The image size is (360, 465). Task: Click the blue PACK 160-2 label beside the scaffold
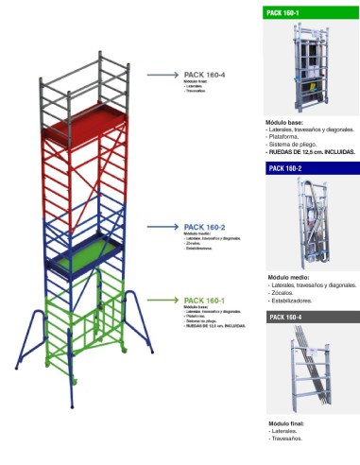click(202, 227)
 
